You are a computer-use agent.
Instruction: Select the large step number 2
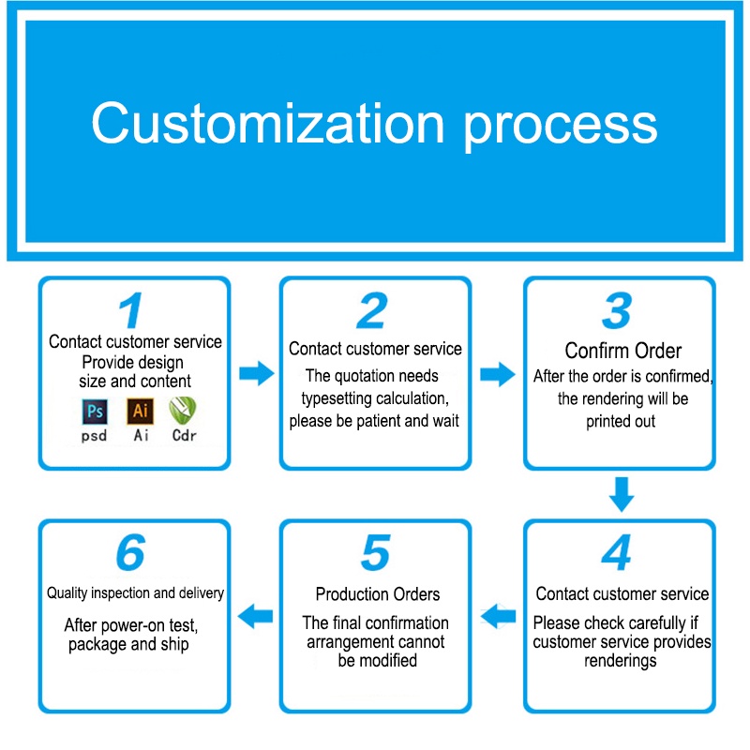pos(373,311)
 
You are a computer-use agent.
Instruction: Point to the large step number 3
pos(617,311)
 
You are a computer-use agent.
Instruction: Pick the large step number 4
pos(617,553)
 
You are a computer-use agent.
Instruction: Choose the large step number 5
pos(375,553)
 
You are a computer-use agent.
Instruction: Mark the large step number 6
pos(131,553)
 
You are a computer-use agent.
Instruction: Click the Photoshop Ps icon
pos(96,411)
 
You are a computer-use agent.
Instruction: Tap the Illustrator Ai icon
pos(140,411)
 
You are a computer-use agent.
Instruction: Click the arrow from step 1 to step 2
pos(256,374)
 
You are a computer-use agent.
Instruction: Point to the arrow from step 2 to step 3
pos(497,374)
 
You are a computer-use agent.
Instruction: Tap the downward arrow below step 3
pos(621,493)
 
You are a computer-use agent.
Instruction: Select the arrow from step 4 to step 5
pos(497,616)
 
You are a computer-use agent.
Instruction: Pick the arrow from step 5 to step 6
pos(256,616)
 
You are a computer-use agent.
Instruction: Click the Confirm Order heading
pos(623,352)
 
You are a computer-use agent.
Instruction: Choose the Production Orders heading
pos(377,594)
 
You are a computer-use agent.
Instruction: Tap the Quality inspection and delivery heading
pos(135,593)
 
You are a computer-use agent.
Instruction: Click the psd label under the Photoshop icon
pos(95,436)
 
